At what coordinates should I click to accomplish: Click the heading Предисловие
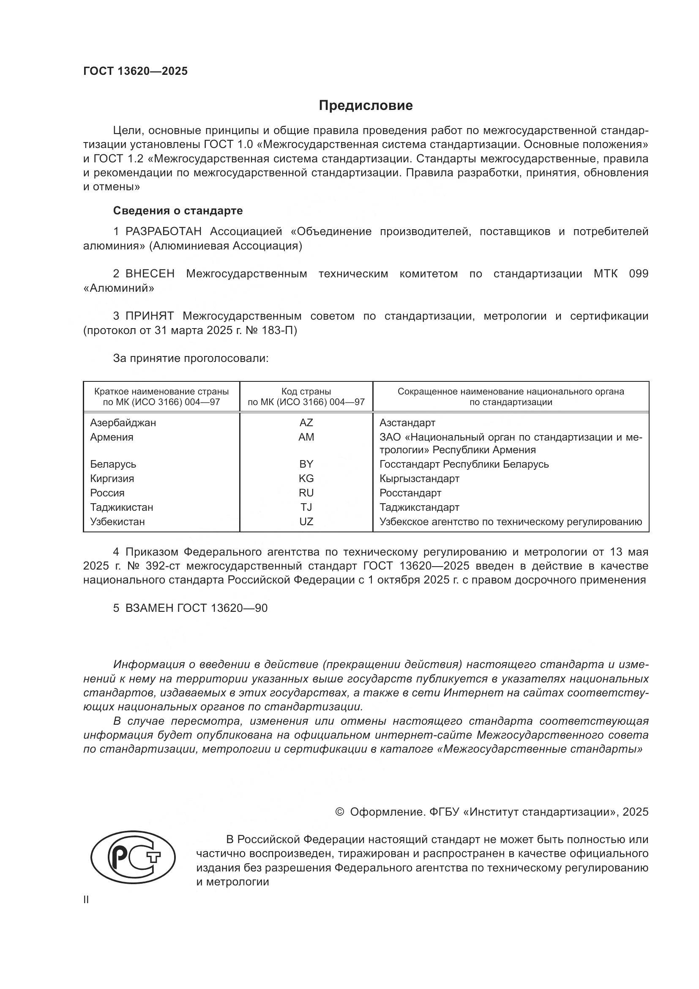coord(366,106)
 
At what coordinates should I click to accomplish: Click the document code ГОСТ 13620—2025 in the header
coord(136,71)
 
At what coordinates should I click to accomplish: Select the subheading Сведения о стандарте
coord(178,211)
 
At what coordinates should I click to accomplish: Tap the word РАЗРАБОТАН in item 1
coord(163,232)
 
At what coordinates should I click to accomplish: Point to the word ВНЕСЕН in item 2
coord(150,274)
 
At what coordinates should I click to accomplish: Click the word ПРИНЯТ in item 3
coord(149,316)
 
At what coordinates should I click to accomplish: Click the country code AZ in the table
coord(306,422)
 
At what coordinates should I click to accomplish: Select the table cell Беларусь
coord(113,464)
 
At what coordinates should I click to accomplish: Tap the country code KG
coord(306,479)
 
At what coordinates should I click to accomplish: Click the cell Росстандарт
coord(410,493)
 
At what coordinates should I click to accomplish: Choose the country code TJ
coord(306,507)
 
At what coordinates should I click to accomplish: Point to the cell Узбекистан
coord(117,522)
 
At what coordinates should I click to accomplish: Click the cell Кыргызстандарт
coord(419,479)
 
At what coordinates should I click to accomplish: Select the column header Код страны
coord(306,392)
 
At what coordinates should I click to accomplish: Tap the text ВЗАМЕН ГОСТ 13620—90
coord(196,608)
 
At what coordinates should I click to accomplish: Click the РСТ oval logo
coord(133,855)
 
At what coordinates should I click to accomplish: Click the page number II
coord(86,900)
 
